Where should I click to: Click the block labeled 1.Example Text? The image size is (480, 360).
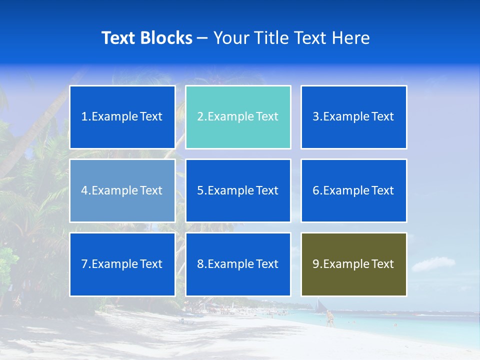point(122,117)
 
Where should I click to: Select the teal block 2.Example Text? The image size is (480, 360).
point(238,117)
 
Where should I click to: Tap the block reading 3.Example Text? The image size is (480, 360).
point(354,117)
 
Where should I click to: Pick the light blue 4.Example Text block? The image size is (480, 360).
point(122,190)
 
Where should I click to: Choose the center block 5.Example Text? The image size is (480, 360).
point(238,190)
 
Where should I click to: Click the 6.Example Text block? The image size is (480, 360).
point(354,190)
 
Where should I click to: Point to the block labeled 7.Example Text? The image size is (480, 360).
point(122,264)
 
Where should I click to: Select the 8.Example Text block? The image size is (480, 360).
point(238,264)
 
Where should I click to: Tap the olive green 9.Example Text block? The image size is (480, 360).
point(354,264)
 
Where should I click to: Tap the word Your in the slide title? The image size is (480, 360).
point(229,38)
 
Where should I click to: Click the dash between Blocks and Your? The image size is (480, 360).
point(202,38)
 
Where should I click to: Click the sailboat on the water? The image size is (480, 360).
point(320,305)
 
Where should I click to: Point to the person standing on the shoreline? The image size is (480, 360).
point(329,318)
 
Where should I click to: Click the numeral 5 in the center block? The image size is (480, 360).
point(200,190)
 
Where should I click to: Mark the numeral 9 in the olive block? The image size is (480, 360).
point(316,264)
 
